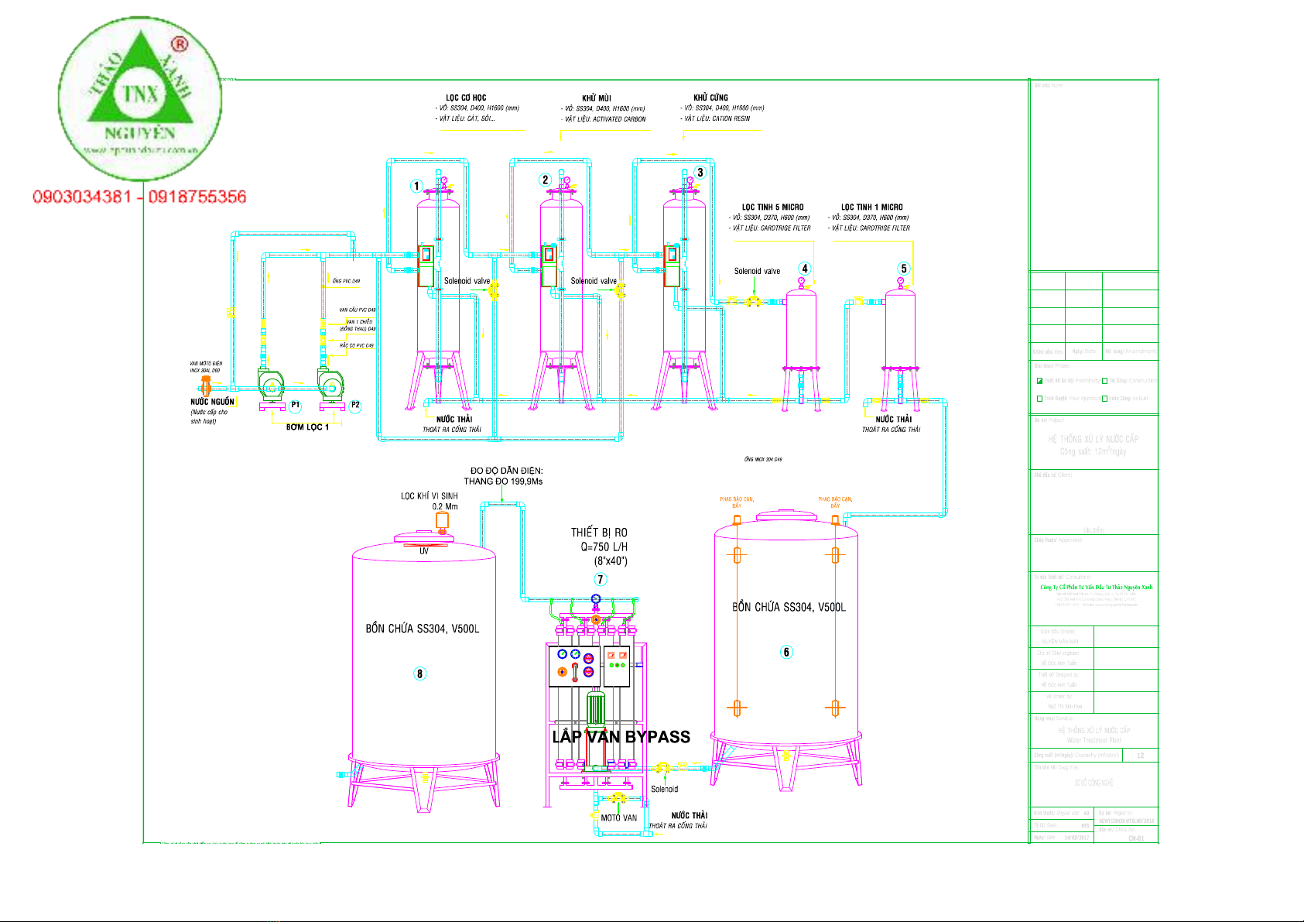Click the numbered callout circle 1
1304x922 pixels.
click(416, 186)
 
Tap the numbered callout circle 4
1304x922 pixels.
click(805, 269)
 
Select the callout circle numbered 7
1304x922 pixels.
click(600, 579)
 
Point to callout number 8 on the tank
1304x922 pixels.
click(420, 674)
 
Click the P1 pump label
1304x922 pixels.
click(296, 405)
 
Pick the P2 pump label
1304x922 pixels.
click(355, 405)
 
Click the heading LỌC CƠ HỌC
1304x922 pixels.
click(466, 98)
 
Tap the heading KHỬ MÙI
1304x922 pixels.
click(596, 98)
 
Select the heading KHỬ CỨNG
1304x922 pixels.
click(710, 98)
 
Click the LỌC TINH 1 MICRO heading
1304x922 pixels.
click(871, 207)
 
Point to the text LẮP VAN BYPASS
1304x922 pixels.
click(621, 737)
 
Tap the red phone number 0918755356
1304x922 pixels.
click(197, 197)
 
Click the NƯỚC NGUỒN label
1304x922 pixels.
click(212, 402)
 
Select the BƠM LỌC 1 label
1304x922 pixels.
click(307, 427)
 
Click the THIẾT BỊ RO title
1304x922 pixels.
click(599, 533)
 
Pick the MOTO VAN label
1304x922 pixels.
click(618, 817)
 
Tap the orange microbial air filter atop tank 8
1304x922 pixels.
click(442, 521)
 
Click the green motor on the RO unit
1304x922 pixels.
click(595, 708)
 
